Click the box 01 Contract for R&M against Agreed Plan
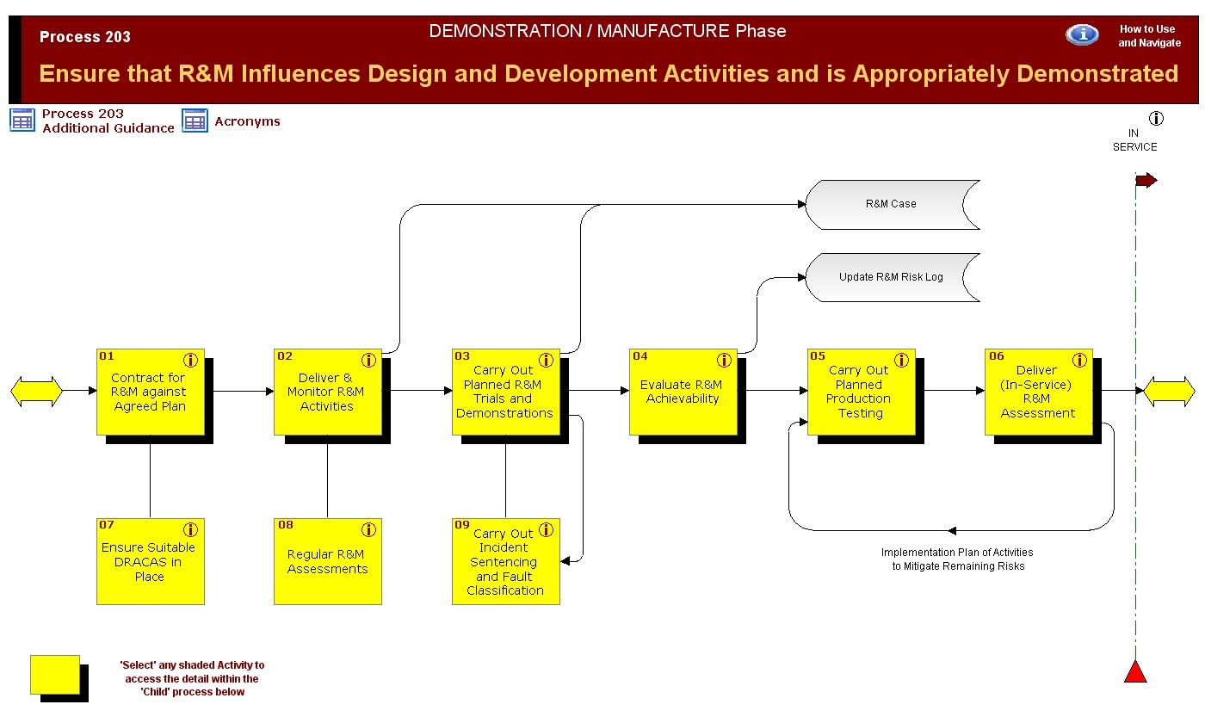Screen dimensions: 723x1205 tap(150, 392)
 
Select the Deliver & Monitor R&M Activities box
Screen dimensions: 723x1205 tap(327, 392)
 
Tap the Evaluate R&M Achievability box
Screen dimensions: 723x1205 tap(683, 392)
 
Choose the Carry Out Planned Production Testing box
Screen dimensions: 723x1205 tap(860, 392)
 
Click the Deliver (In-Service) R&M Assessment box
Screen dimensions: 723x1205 tap(1038, 392)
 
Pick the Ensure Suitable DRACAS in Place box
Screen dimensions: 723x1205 tap(150, 561)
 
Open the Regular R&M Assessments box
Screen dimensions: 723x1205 tap(327, 561)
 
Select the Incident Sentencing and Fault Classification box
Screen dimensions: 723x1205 tap(505, 561)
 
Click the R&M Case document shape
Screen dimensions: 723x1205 tap(891, 204)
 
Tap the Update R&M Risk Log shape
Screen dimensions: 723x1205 tap(891, 277)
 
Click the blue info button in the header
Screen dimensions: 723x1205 tap(1082, 34)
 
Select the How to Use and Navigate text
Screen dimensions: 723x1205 tap(1149, 36)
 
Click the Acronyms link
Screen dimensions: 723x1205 tap(247, 121)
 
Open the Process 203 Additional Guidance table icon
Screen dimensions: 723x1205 tap(23, 120)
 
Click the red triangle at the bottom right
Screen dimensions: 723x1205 tap(1135, 672)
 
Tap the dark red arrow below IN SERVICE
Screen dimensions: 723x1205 tap(1146, 181)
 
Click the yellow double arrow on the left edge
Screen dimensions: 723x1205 tap(36, 391)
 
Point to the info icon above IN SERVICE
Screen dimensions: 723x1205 tap(1156, 118)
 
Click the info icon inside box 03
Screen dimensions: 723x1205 tap(546, 360)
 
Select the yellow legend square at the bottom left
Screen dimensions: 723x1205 tap(54, 674)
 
